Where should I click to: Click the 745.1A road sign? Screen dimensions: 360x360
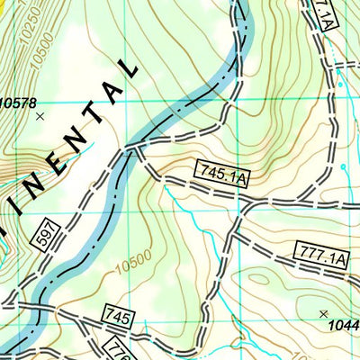221,174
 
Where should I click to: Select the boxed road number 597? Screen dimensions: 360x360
48,234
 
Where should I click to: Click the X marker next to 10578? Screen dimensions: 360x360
39,116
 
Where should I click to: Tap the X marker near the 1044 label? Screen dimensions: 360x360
323,313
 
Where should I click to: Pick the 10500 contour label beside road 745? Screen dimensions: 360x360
130,262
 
